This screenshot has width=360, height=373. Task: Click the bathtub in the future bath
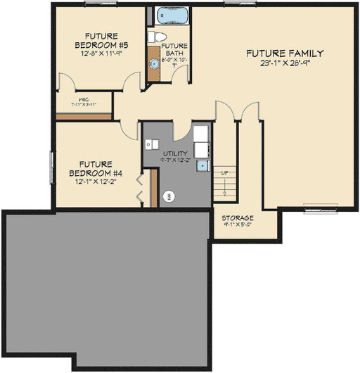(x=169, y=15)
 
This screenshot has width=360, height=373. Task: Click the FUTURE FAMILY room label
(x=284, y=53)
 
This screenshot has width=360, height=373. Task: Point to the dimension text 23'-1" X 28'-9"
(x=284, y=63)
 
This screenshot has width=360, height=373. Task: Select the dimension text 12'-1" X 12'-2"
(x=96, y=182)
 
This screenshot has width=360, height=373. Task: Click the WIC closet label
(x=83, y=99)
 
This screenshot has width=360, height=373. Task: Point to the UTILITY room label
(x=175, y=153)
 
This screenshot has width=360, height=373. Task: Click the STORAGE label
(x=238, y=218)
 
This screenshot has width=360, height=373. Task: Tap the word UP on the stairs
(x=224, y=173)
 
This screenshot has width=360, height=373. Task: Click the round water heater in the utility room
(x=169, y=197)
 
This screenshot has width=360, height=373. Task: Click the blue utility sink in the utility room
(x=202, y=166)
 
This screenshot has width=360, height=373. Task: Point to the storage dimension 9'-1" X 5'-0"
(x=238, y=226)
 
